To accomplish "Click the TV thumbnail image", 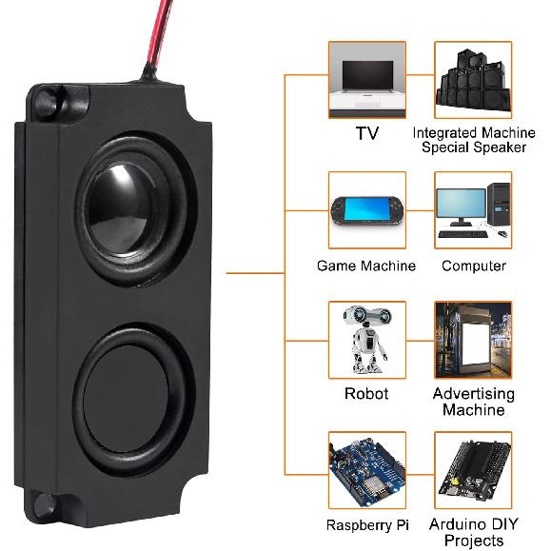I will click(367, 79).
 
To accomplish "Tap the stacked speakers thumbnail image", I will click(473, 79).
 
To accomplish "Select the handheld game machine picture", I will click(367, 209).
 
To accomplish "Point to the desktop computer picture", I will click(473, 209).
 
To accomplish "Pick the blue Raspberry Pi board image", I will click(367, 470).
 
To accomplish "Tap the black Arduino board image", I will click(473, 470).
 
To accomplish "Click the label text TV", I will click(367, 133).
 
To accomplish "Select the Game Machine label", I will click(366, 266).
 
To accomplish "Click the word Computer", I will click(473, 266).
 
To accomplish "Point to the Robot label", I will click(366, 393).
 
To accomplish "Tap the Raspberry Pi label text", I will click(366, 524).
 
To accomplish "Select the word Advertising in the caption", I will click(473, 393).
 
